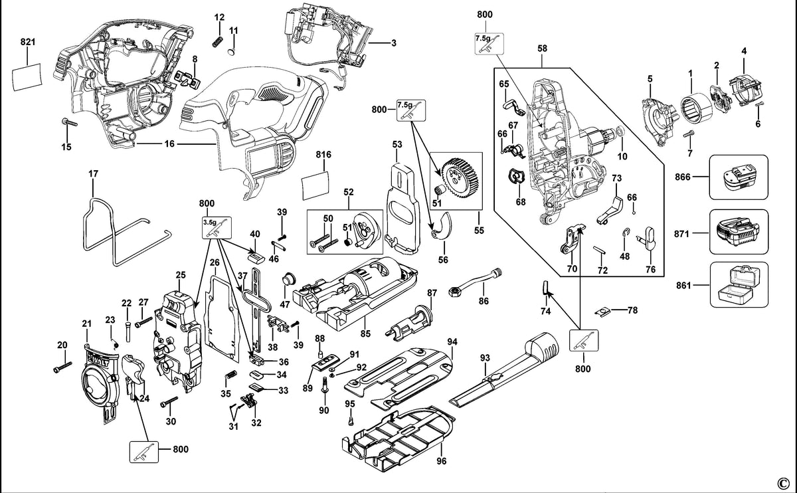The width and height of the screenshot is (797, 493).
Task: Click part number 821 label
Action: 28,42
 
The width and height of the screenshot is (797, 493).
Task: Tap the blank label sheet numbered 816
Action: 315,187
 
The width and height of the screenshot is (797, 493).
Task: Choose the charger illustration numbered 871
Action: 738,233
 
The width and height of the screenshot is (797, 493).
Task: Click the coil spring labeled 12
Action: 218,42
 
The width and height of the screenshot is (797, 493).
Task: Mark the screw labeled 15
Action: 69,122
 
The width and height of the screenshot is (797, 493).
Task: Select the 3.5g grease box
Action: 217,227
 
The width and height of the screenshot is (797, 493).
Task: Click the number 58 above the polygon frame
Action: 542,49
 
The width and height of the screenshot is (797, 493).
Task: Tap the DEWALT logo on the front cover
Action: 103,359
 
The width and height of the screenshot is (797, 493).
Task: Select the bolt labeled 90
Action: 325,386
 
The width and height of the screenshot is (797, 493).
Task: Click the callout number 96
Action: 441,461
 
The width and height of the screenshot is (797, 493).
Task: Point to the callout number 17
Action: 93,174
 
